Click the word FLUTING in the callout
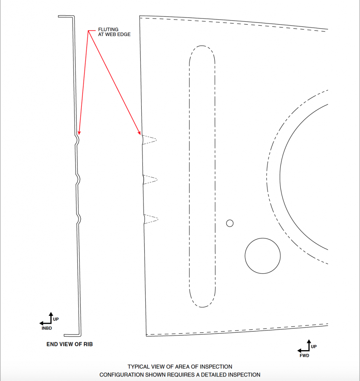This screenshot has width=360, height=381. (108, 29)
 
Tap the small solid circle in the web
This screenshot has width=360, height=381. (230, 223)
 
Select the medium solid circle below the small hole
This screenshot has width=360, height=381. (263, 256)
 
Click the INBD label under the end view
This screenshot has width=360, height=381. (46, 328)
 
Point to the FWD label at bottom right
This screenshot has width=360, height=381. (304, 356)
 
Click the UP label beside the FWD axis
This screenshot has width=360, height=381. (314, 347)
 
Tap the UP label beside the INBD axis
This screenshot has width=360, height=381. (56, 319)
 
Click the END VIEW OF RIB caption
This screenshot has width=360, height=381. (70, 344)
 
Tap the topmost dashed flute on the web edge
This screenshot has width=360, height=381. (149, 140)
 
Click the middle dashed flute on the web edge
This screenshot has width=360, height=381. (150, 180)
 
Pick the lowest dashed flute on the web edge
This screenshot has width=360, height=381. (151, 219)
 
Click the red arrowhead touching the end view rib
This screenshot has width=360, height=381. (79, 132)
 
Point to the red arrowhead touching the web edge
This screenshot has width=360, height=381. (139, 132)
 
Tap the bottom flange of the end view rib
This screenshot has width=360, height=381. (73, 335)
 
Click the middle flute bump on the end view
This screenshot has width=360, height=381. (78, 180)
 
